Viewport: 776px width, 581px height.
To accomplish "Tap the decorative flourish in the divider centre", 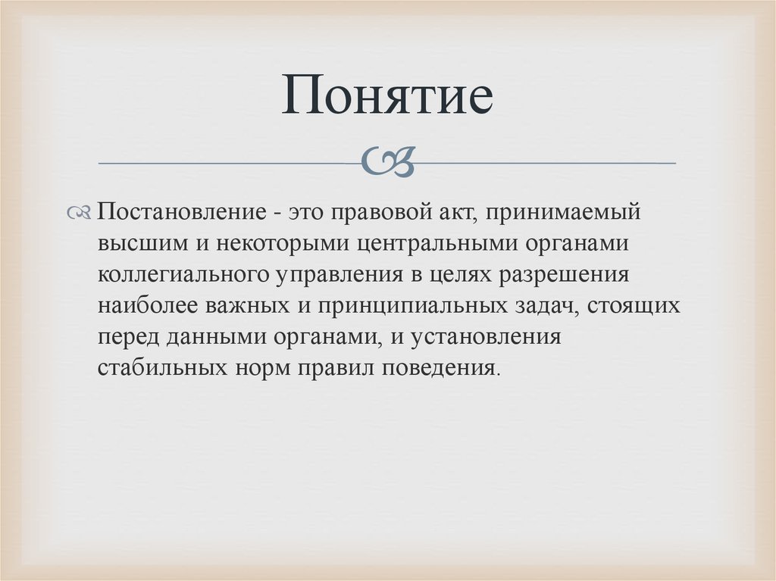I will [x=388, y=161].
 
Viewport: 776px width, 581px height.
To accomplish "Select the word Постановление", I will [x=181, y=212].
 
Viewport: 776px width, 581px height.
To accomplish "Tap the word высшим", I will [x=141, y=243].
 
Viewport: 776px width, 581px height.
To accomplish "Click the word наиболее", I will [x=143, y=305].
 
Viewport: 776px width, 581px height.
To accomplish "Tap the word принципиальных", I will [x=393, y=306].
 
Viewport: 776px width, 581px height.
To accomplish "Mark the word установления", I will [x=486, y=337].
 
